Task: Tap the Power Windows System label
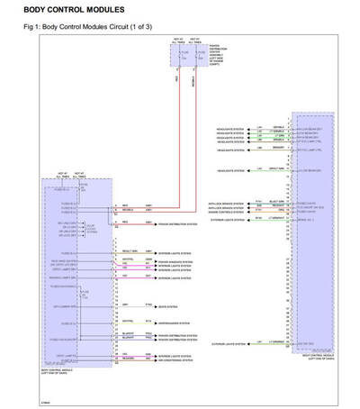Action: pyautogui.click(x=175, y=260)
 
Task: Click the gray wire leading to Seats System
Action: pyautogui.click(x=135, y=305)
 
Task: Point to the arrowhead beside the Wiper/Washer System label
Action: pyautogui.click(x=155, y=322)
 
